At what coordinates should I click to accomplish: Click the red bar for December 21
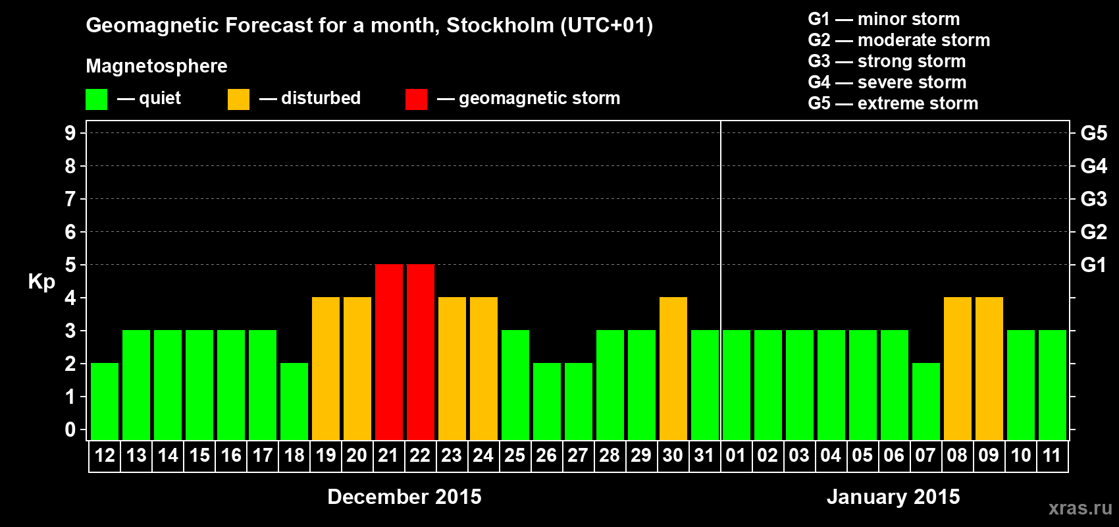[389, 352]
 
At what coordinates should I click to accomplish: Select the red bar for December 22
[421, 352]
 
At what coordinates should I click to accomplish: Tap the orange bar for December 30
[673, 368]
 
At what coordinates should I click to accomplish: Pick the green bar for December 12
[105, 401]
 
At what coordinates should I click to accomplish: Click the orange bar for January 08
[958, 368]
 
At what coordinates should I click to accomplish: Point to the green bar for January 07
[926, 401]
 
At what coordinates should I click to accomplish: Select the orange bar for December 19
[326, 368]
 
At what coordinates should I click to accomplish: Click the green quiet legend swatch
[96, 99]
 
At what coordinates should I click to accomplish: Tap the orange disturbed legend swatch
[238, 99]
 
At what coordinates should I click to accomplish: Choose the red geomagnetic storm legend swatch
[416, 99]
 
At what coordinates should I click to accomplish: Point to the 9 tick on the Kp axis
[70, 133]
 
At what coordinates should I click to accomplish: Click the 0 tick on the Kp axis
[70, 430]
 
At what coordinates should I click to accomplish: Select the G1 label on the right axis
[1093, 265]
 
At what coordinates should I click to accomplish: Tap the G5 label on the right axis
[1093, 133]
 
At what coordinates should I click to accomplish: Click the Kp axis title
[41, 281]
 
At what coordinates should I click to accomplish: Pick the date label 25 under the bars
[515, 455]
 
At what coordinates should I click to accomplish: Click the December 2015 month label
[404, 497]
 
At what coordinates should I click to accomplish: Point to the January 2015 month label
[893, 497]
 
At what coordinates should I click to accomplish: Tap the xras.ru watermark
[1080, 508]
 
